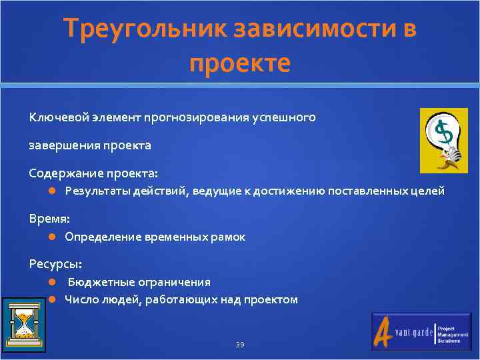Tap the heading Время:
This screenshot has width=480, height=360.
point(49,218)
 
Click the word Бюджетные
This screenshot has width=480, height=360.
point(100,282)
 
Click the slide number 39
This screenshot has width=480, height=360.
point(240,344)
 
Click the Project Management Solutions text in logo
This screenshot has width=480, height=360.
point(451,334)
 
